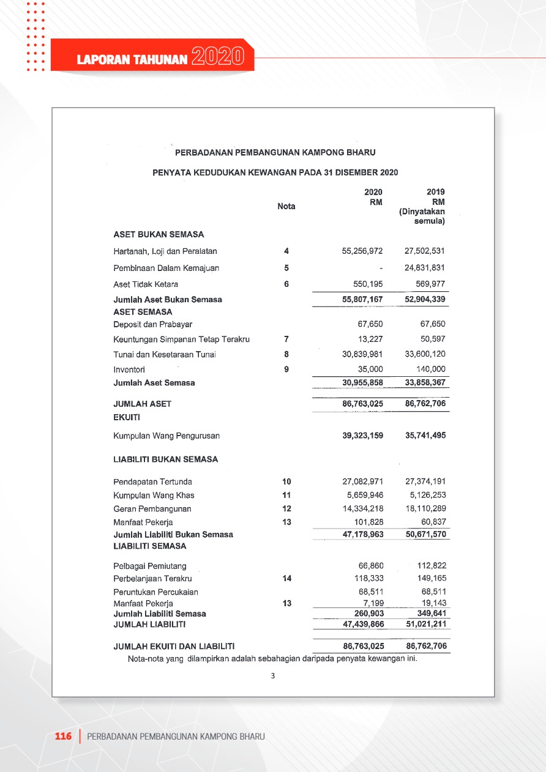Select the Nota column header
tap(286, 206)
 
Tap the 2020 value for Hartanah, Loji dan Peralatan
tap(362, 251)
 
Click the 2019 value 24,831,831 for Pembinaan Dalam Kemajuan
tap(425, 268)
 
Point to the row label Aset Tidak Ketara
tap(146, 284)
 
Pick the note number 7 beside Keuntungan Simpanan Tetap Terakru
tap(286, 340)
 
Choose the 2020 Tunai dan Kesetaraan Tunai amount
tap(362, 354)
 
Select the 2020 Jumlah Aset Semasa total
tap(362, 383)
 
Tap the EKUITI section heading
tap(127, 418)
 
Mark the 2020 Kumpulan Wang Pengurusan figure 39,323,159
tap(362, 436)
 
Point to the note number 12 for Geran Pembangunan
tap(286, 509)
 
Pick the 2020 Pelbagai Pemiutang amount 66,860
tap(371, 566)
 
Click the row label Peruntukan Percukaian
tap(155, 592)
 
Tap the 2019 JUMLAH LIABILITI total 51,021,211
tap(425, 625)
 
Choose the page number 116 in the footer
tap(64, 736)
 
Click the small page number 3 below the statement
tap(273, 676)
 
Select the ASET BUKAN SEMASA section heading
tap(159, 234)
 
